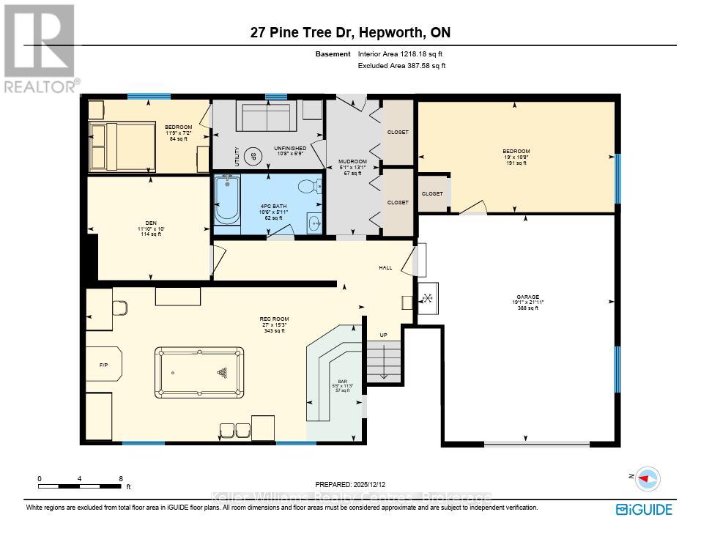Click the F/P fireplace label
(103, 364)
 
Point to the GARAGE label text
(527, 297)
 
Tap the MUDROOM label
(352, 161)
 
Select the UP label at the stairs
(382, 335)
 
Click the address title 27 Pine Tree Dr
(350, 33)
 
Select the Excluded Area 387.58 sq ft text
(401, 66)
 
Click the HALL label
(385, 268)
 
